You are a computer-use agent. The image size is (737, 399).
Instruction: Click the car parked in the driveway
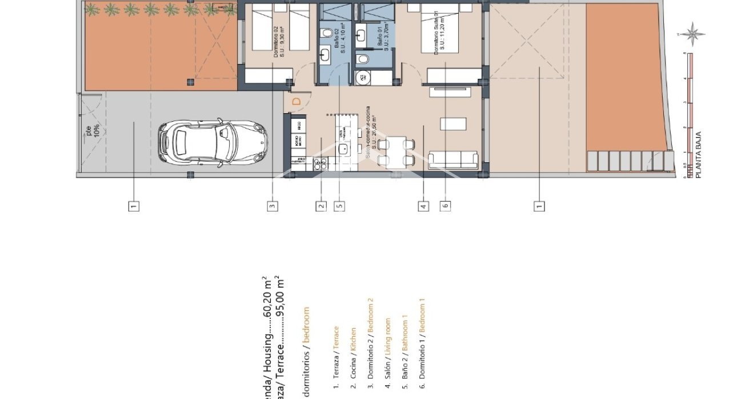click(212, 143)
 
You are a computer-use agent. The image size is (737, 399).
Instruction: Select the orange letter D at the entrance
click(297, 102)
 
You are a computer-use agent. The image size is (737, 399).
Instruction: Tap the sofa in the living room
click(453, 160)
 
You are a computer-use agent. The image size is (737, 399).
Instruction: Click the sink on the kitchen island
click(344, 149)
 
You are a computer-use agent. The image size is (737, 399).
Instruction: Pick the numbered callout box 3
click(273, 206)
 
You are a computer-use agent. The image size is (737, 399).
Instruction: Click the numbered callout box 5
click(340, 206)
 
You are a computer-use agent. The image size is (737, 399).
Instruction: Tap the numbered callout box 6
click(444, 206)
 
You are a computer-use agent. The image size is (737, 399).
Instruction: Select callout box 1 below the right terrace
click(538, 206)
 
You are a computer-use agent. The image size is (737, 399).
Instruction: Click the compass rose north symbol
click(692, 33)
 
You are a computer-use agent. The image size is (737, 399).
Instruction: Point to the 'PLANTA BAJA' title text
click(698, 155)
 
